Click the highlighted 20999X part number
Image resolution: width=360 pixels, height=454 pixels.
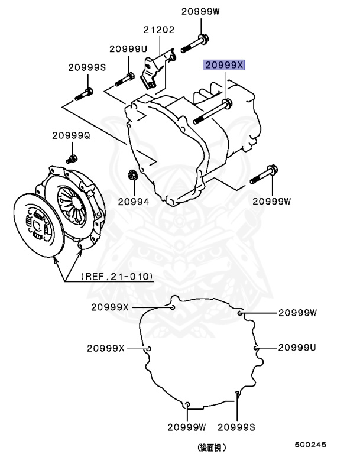223,65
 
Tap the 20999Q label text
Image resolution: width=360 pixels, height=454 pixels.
70,135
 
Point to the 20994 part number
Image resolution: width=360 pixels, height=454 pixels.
133,201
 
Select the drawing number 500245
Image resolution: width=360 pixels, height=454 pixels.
311,443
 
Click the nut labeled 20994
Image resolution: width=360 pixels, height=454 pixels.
132,175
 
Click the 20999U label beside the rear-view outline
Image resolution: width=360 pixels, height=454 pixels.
297,348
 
